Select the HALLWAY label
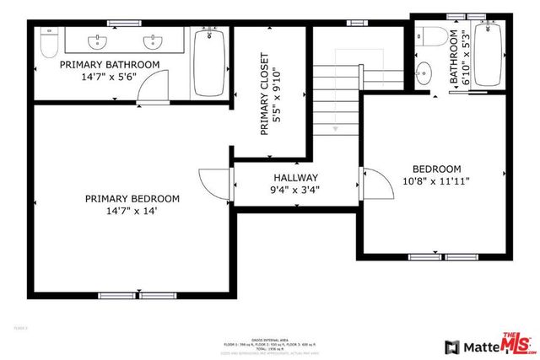(x=295, y=178)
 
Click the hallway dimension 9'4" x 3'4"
(x=295, y=191)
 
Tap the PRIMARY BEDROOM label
(x=132, y=199)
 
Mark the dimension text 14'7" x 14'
(x=132, y=212)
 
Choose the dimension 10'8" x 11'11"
(x=436, y=180)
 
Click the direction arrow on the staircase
(x=337, y=129)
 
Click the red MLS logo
(x=517, y=341)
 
